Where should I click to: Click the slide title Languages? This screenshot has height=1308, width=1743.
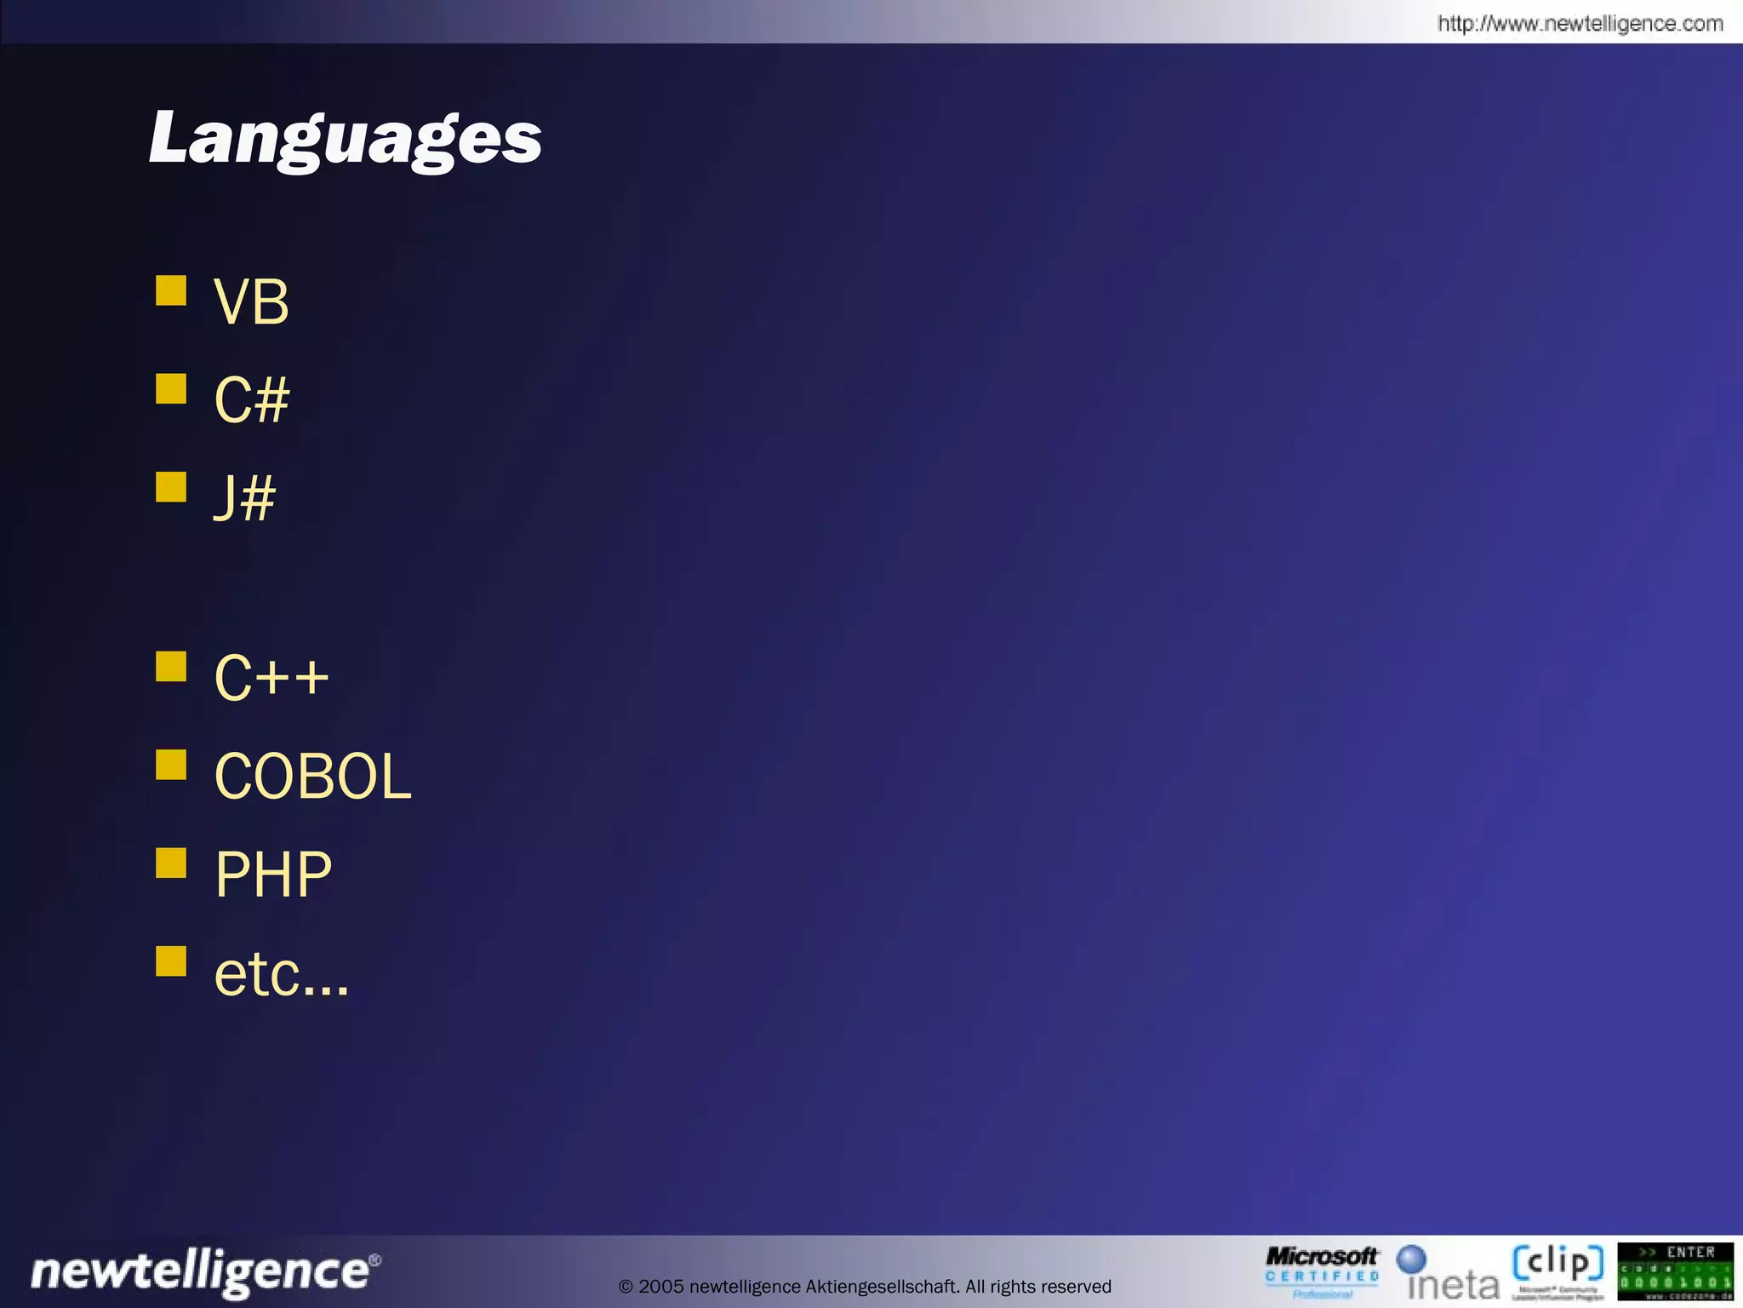[x=345, y=139]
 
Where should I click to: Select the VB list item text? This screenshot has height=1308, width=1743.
[x=251, y=302]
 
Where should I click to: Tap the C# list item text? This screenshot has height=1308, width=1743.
[x=251, y=400]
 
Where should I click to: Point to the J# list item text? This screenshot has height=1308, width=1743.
[x=244, y=498]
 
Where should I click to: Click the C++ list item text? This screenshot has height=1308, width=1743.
[x=271, y=678]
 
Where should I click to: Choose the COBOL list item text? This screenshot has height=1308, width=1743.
[x=312, y=777]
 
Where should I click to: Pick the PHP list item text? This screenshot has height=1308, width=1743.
[x=273, y=875]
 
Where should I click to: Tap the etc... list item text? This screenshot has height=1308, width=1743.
[x=281, y=973]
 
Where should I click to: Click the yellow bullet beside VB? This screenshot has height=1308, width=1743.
[x=171, y=290]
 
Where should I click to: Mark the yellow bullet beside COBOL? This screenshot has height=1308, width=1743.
[x=171, y=765]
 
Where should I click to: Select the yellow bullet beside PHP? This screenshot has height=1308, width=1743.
[x=171, y=863]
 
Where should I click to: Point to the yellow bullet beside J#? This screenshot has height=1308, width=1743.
[x=171, y=487]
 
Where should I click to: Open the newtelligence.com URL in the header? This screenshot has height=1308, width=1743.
[x=1580, y=24]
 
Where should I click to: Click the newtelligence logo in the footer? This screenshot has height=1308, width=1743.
[x=205, y=1272]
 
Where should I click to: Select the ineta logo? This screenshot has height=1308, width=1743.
[x=1449, y=1274]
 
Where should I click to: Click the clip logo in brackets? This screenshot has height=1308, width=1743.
[x=1557, y=1269]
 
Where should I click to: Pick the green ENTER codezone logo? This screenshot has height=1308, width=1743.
[x=1675, y=1271]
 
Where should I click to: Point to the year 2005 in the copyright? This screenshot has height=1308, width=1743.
[x=660, y=1287]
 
